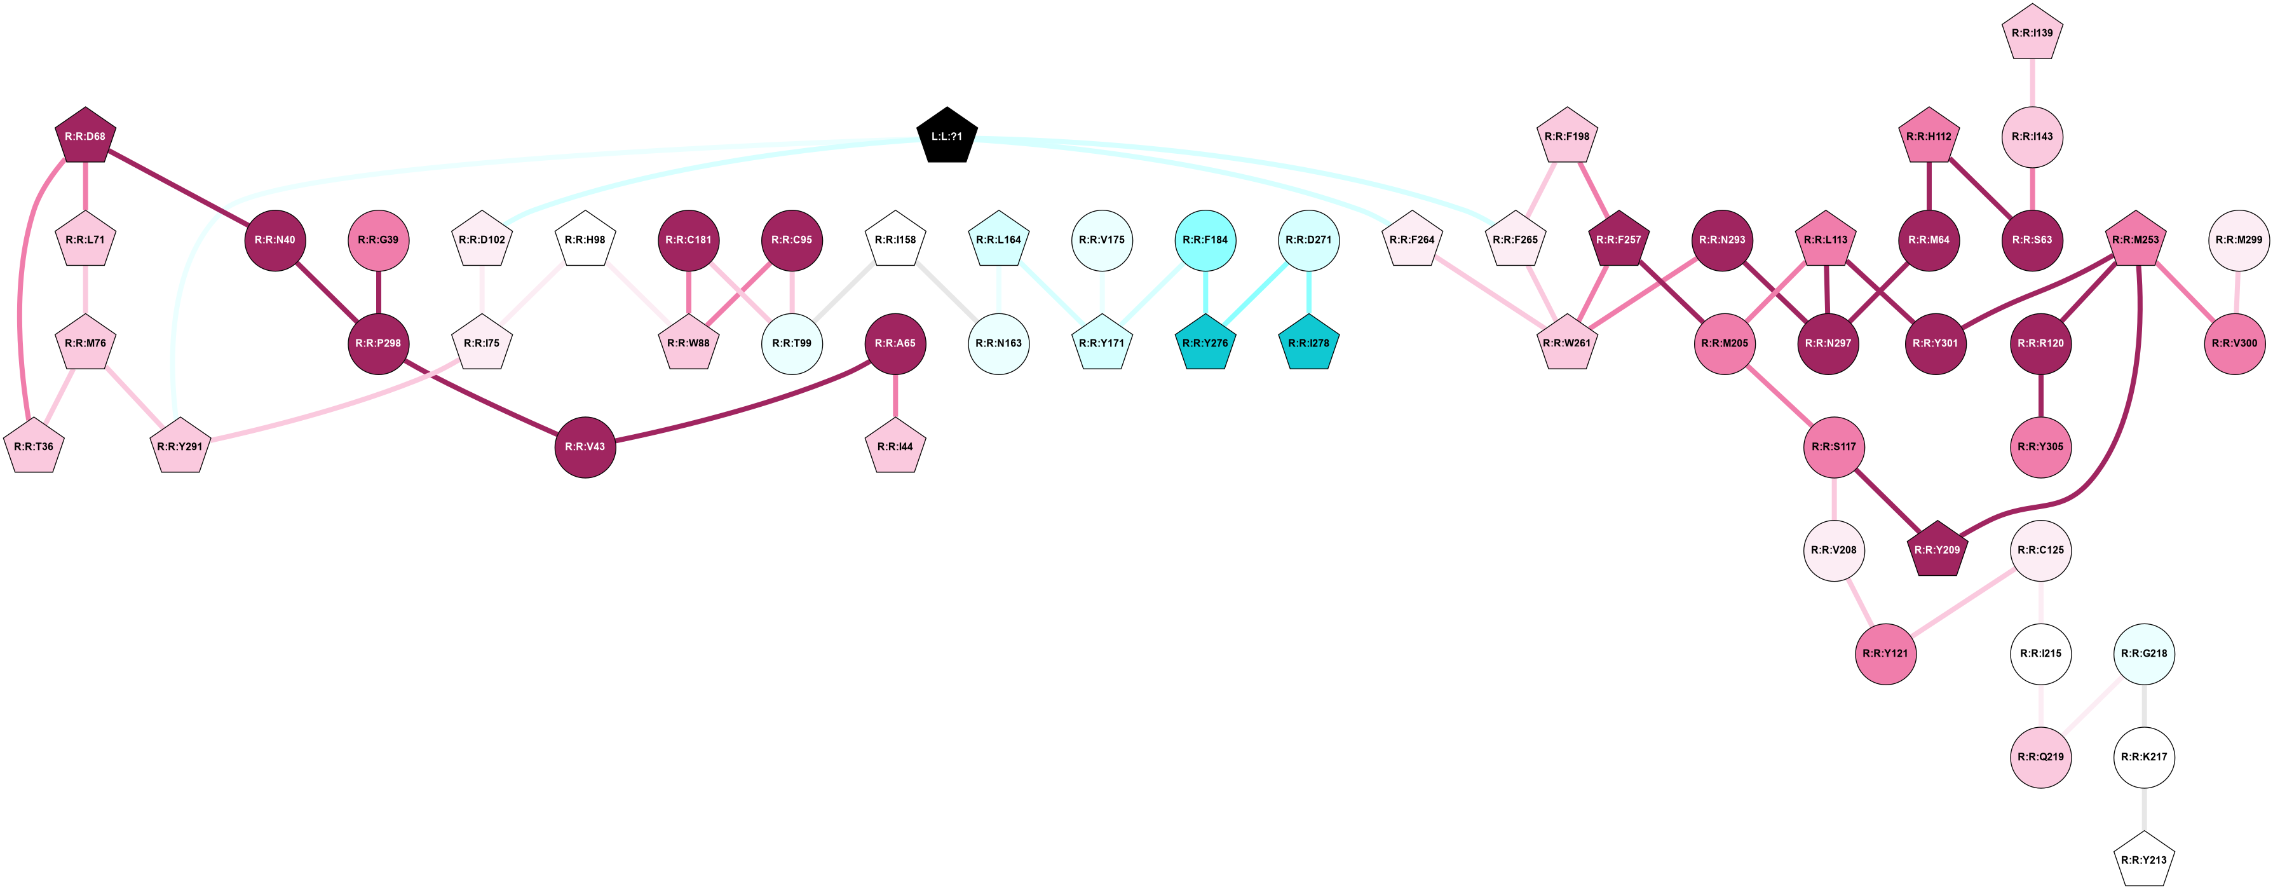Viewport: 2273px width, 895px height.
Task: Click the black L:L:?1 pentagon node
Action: pos(947,137)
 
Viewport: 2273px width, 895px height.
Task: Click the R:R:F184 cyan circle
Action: pos(1205,240)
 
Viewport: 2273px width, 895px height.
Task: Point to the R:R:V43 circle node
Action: pos(585,447)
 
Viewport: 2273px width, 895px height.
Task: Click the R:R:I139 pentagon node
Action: pos(2032,34)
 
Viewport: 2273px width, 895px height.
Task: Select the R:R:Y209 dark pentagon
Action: pos(1937,550)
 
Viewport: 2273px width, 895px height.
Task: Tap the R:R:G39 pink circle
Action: pos(379,240)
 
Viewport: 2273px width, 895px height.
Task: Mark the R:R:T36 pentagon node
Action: pos(34,447)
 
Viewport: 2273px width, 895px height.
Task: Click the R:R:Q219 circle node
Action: pos(2041,757)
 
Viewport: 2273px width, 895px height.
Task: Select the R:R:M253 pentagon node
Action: pos(2135,240)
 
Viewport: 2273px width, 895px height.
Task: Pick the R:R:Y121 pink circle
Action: pos(1885,654)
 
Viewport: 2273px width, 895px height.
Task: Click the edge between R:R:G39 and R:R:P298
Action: pos(379,291)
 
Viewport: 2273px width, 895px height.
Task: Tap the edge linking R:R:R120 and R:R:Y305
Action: pos(2041,395)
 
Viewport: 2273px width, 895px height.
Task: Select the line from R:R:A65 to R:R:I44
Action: pos(895,395)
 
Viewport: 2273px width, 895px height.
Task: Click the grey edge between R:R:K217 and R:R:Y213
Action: pos(2144,809)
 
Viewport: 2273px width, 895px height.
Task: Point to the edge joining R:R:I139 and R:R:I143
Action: pos(2032,83)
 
